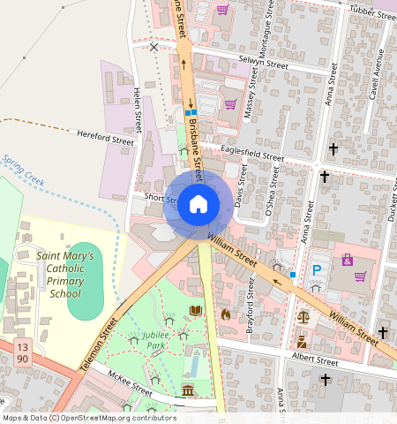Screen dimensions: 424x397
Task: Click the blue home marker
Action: point(198,205)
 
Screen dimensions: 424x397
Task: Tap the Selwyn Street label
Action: point(265,64)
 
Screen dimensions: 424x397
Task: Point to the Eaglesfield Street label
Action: point(252,155)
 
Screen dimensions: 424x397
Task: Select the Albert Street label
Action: point(315,361)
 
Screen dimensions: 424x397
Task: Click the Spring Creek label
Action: point(22,170)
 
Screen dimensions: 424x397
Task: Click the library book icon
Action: point(196,311)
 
